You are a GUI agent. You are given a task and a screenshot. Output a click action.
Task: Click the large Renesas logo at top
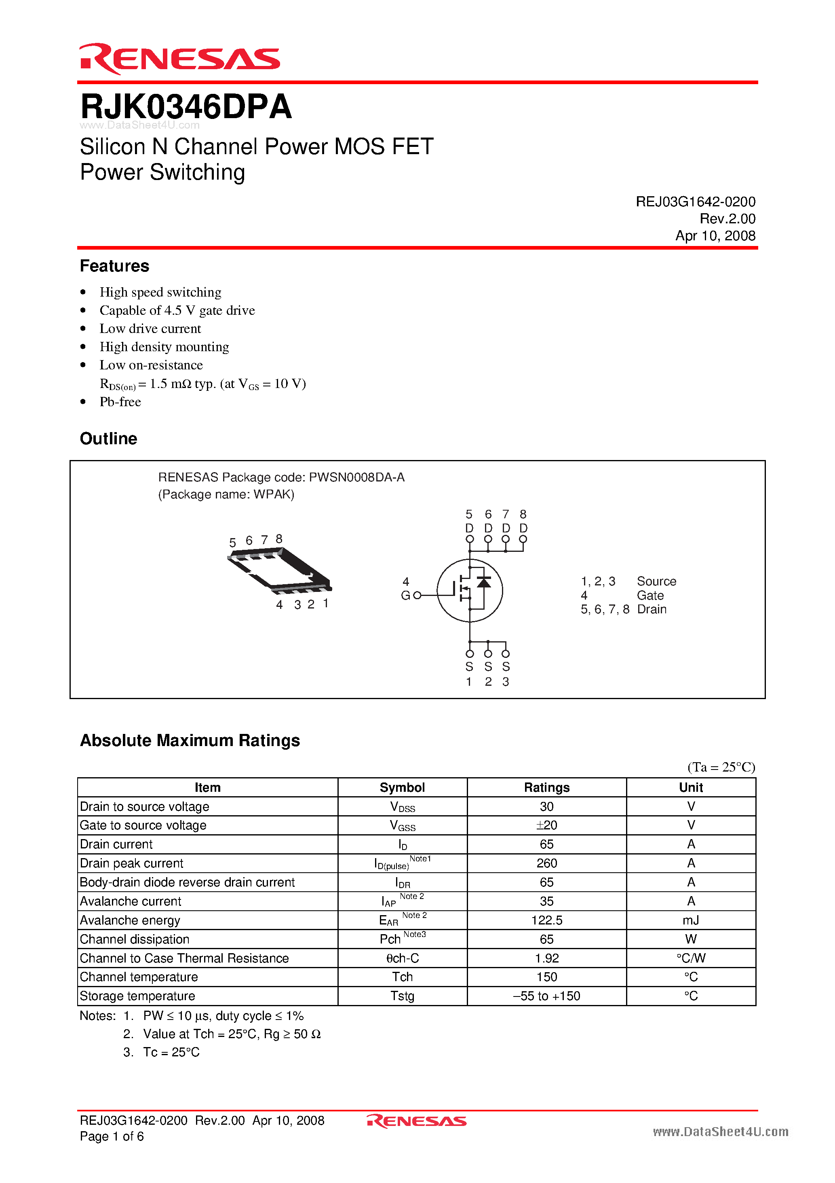point(179,59)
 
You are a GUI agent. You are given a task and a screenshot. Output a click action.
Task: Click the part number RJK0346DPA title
point(186,107)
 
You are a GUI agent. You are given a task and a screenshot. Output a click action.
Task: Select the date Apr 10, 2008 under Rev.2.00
point(715,236)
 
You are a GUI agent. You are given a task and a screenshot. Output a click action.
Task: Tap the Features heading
point(114,266)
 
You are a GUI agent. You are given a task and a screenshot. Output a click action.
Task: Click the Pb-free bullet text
point(120,402)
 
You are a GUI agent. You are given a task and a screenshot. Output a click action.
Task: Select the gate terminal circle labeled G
point(417,596)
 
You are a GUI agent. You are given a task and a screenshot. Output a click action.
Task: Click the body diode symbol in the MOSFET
point(483,582)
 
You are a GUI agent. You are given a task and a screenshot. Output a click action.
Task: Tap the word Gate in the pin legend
point(650,596)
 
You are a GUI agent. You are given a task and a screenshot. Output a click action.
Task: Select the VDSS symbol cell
point(402,807)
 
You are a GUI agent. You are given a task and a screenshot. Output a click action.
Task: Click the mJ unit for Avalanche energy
point(690,920)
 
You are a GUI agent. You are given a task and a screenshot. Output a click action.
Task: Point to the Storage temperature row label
point(137,996)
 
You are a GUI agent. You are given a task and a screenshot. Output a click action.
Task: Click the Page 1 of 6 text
point(112,1136)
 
